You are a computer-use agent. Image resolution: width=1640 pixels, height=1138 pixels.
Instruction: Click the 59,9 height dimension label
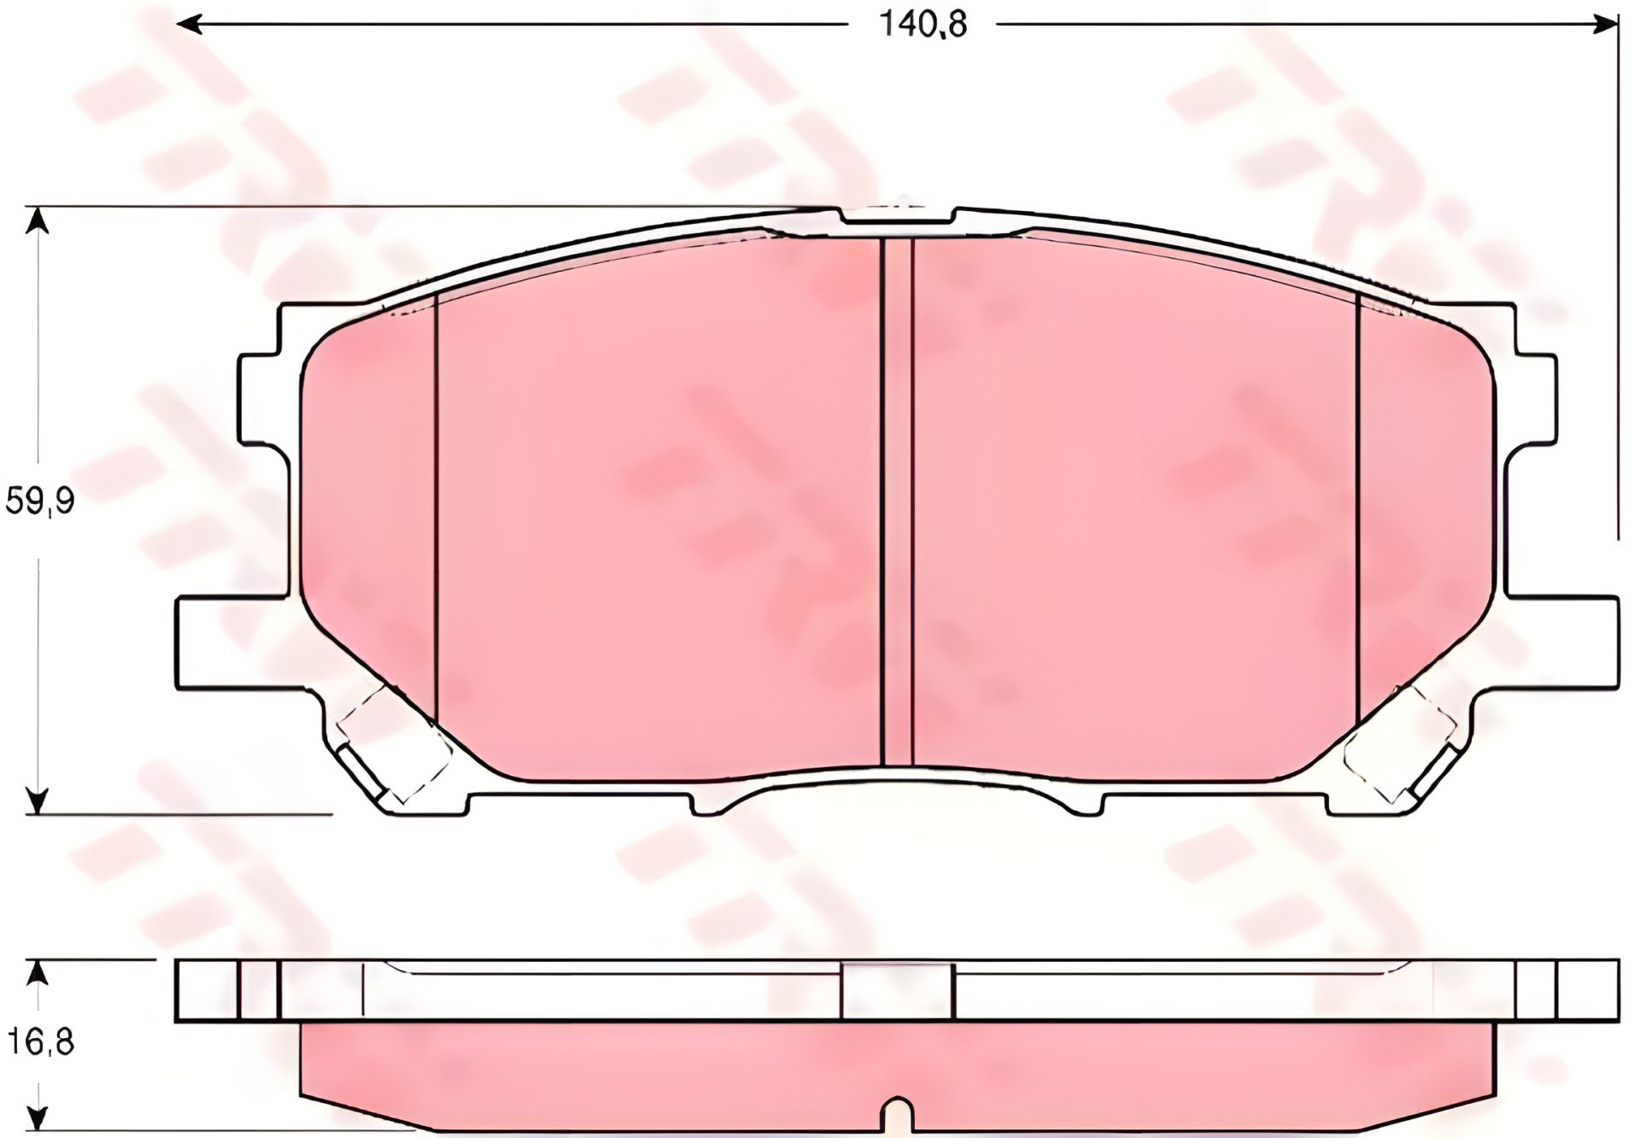40,502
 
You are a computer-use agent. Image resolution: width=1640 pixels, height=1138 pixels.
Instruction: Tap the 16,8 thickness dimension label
40,1042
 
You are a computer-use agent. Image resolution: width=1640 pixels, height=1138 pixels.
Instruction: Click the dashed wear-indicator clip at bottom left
393,745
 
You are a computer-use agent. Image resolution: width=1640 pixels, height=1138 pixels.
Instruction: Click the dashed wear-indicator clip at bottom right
1401,745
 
